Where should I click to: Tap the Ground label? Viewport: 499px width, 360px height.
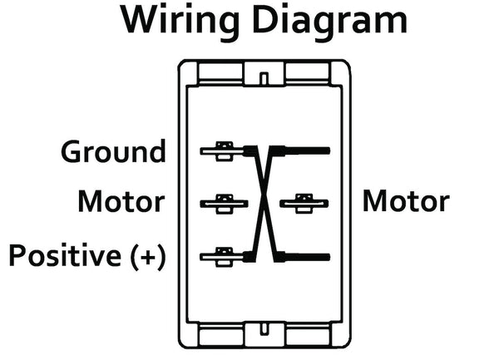[x=113, y=152]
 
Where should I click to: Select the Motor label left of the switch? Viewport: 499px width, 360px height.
[x=121, y=201]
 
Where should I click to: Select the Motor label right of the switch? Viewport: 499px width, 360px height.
[x=405, y=201]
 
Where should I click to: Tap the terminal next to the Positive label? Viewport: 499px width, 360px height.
[x=220, y=253]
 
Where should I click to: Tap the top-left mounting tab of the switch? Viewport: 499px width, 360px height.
[x=220, y=72]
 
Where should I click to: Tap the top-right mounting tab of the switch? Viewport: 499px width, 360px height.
[x=309, y=72]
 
